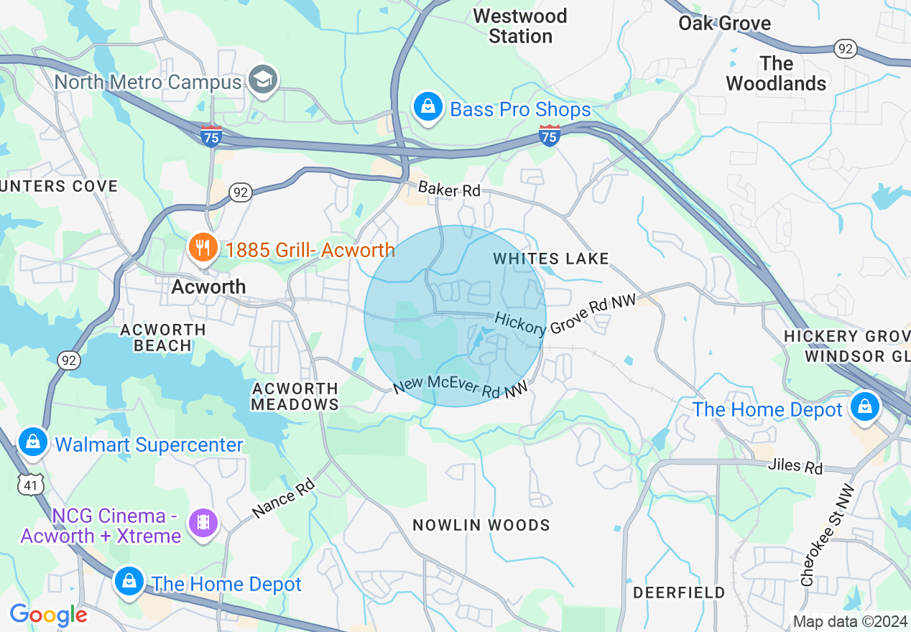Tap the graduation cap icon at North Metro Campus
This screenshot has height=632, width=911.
tap(263, 79)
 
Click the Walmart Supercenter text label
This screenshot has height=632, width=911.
tap(149, 445)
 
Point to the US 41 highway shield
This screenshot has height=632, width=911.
tap(33, 484)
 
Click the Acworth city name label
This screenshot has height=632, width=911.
tap(208, 287)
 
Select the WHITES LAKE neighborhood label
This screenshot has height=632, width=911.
tap(551, 259)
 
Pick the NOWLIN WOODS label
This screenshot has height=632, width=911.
tap(481, 525)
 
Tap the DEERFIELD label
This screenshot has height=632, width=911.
tap(679, 592)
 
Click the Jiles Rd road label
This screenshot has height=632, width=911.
tap(795, 466)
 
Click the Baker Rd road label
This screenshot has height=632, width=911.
tap(449, 190)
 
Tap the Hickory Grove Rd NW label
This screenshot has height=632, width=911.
tap(566, 314)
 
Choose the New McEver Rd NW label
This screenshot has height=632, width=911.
tap(461, 384)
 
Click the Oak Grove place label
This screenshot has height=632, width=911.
tap(724, 23)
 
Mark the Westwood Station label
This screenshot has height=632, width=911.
tap(520, 26)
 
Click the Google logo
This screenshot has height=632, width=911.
tap(48, 615)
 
